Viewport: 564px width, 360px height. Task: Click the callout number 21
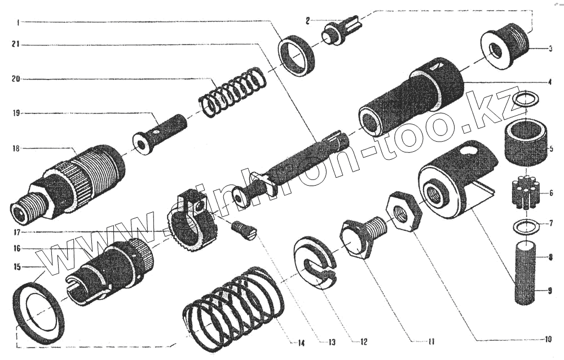tap(16, 45)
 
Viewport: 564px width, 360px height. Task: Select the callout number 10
tap(548, 340)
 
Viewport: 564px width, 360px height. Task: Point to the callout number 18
tap(16, 148)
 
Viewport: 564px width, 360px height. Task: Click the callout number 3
tap(550, 49)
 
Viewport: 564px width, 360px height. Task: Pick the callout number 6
tap(550, 194)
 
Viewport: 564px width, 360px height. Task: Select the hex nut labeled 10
tap(403, 212)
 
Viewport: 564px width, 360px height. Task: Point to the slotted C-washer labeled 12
tap(315, 263)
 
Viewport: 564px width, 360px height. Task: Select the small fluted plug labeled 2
tap(342, 32)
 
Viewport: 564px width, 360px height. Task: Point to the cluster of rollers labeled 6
tap(526, 192)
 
